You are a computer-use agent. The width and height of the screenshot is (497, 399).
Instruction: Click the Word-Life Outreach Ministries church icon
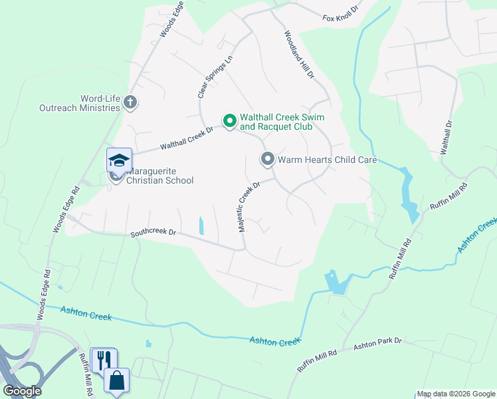point(130,102)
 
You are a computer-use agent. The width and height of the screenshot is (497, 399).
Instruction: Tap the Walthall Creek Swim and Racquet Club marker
point(230,121)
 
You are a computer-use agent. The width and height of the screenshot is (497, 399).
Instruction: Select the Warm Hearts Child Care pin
point(267,159)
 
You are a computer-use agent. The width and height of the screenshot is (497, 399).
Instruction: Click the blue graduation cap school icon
point(119,160)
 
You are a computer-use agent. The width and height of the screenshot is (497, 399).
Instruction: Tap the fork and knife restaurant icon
point(102,360)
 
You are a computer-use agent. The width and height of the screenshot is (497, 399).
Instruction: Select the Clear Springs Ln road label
point(216,76)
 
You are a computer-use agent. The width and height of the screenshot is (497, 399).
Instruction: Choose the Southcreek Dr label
point(153,233)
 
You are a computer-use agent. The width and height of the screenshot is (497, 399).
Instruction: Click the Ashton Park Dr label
point(377,341)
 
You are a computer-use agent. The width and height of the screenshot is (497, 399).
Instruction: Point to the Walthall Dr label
point(447,137)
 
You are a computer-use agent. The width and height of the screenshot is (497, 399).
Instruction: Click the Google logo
point(21,391)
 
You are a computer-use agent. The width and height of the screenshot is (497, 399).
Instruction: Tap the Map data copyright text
point(456,394)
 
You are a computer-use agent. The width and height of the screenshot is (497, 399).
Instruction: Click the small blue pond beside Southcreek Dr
point(201,225)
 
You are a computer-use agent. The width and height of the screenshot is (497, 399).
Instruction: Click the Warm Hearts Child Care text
point(327,160)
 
